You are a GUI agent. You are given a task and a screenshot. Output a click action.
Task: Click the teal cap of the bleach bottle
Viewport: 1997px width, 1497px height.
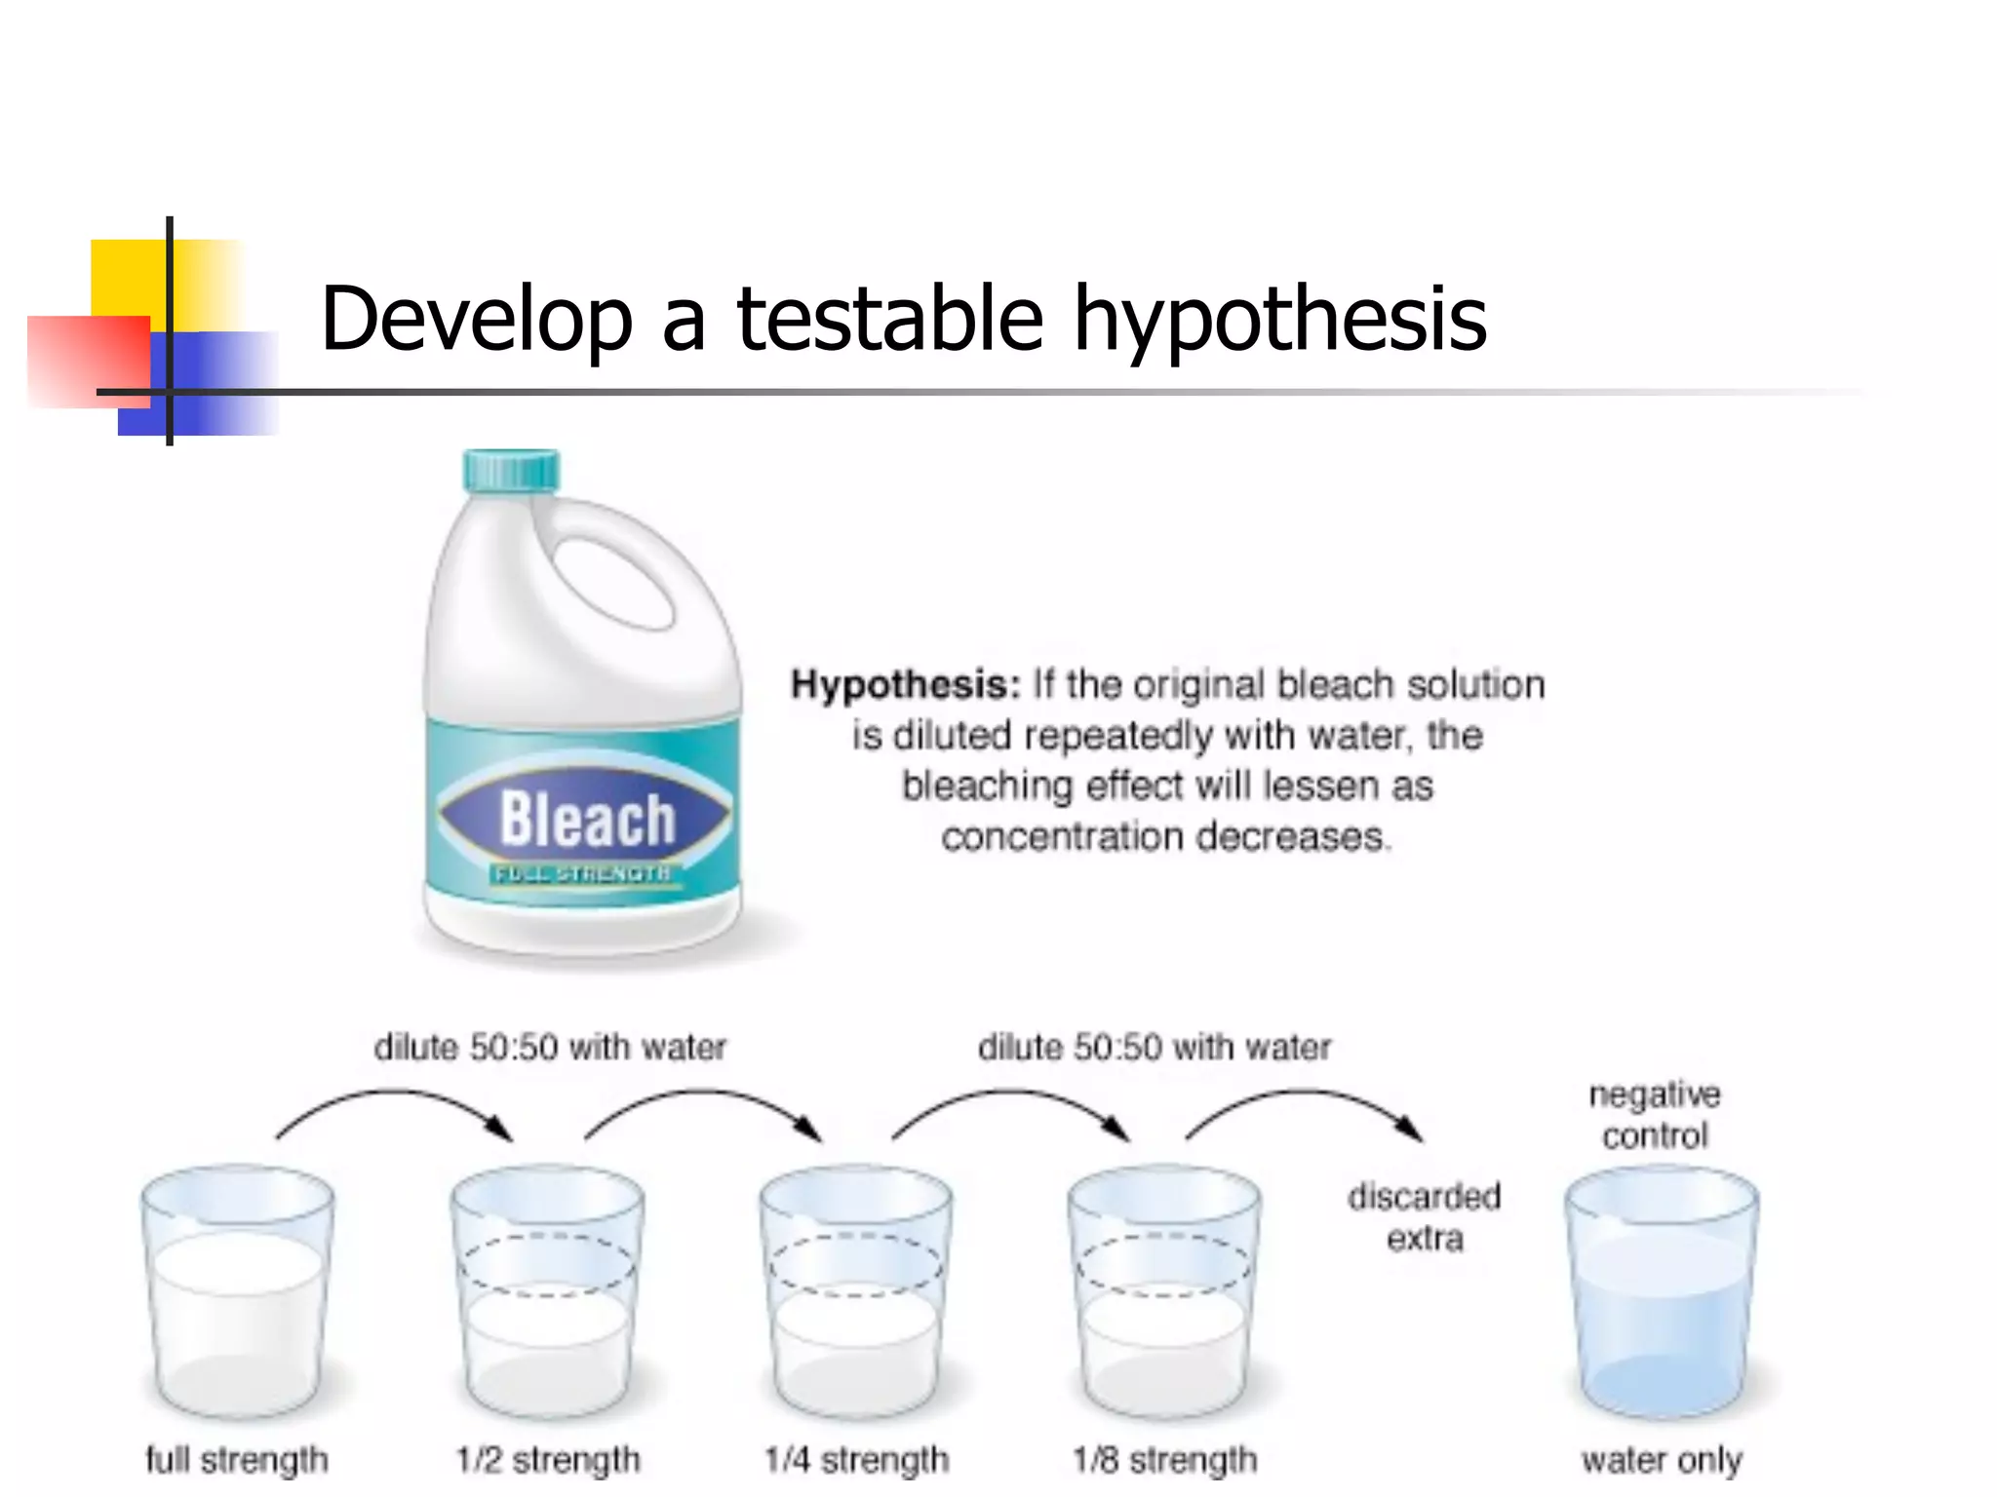(x=511, y=471)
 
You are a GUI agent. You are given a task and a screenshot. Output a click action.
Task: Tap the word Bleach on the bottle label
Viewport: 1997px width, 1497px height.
(x=587, y=819)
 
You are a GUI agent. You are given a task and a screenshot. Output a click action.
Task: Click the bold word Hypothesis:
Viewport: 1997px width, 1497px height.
(x=905, y=685)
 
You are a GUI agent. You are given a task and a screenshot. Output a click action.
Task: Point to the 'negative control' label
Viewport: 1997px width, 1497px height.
(x=1655, y=1115)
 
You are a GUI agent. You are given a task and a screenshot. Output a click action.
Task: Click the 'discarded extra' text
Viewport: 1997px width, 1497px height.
(x=1425, y=1217)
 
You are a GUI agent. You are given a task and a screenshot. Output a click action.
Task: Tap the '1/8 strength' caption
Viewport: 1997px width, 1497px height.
(x=1164, y=1460)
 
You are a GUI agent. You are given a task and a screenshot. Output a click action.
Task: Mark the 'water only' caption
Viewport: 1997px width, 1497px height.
(x=1662, y=1460)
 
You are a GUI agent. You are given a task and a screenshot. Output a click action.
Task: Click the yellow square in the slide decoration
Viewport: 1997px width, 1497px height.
(x=127, y=277)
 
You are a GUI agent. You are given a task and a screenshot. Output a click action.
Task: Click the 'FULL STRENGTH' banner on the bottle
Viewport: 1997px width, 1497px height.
(x=582, y=873)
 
